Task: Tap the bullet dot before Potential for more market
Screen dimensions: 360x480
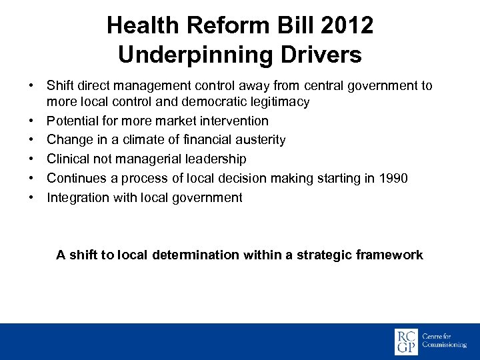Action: (31, 121)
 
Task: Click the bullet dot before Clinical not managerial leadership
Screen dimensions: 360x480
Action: (31, 159)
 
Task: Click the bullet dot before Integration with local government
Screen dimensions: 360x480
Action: (31, 197)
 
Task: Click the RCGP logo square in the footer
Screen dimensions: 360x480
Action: (407, 342)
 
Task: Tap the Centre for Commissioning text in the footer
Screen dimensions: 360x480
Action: (444, 342)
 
